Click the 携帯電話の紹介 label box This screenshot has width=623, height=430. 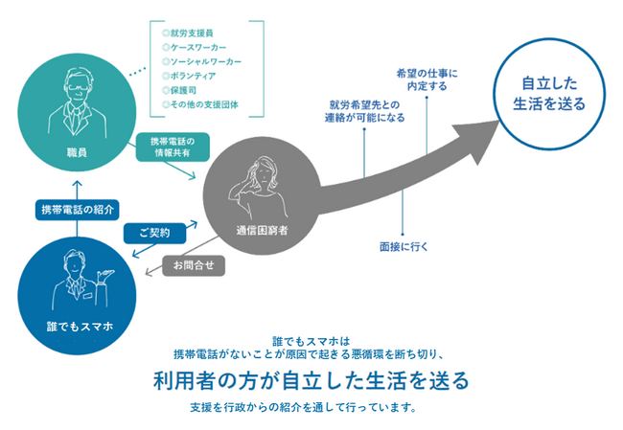coord(74,210)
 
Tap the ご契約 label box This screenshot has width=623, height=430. coord(153,233)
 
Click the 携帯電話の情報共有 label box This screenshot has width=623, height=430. coord(173,149)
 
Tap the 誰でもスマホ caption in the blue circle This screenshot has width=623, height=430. coord(80,326)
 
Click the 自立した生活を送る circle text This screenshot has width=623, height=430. coord(540,93)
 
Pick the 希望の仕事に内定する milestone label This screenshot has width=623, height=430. coord(427,79)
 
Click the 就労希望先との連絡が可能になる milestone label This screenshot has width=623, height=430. coord(365,110)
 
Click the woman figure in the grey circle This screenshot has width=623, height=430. coord(262,182)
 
